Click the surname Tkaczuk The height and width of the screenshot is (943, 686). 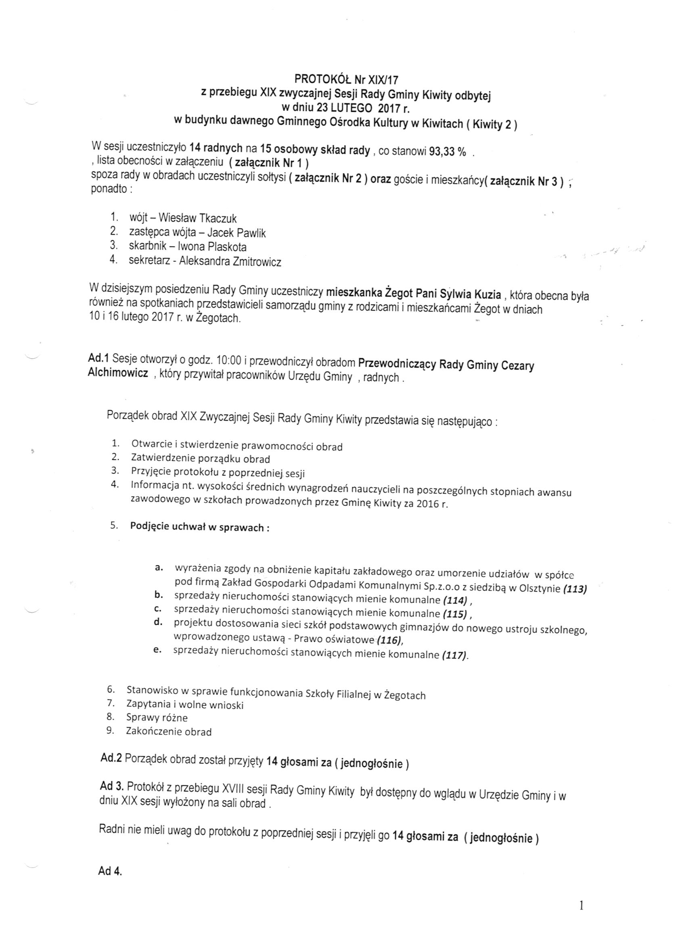click(x=218, y=218)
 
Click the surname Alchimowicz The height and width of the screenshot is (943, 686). click(x=118, y=373)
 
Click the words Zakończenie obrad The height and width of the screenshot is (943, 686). click(x=169, y=731)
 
